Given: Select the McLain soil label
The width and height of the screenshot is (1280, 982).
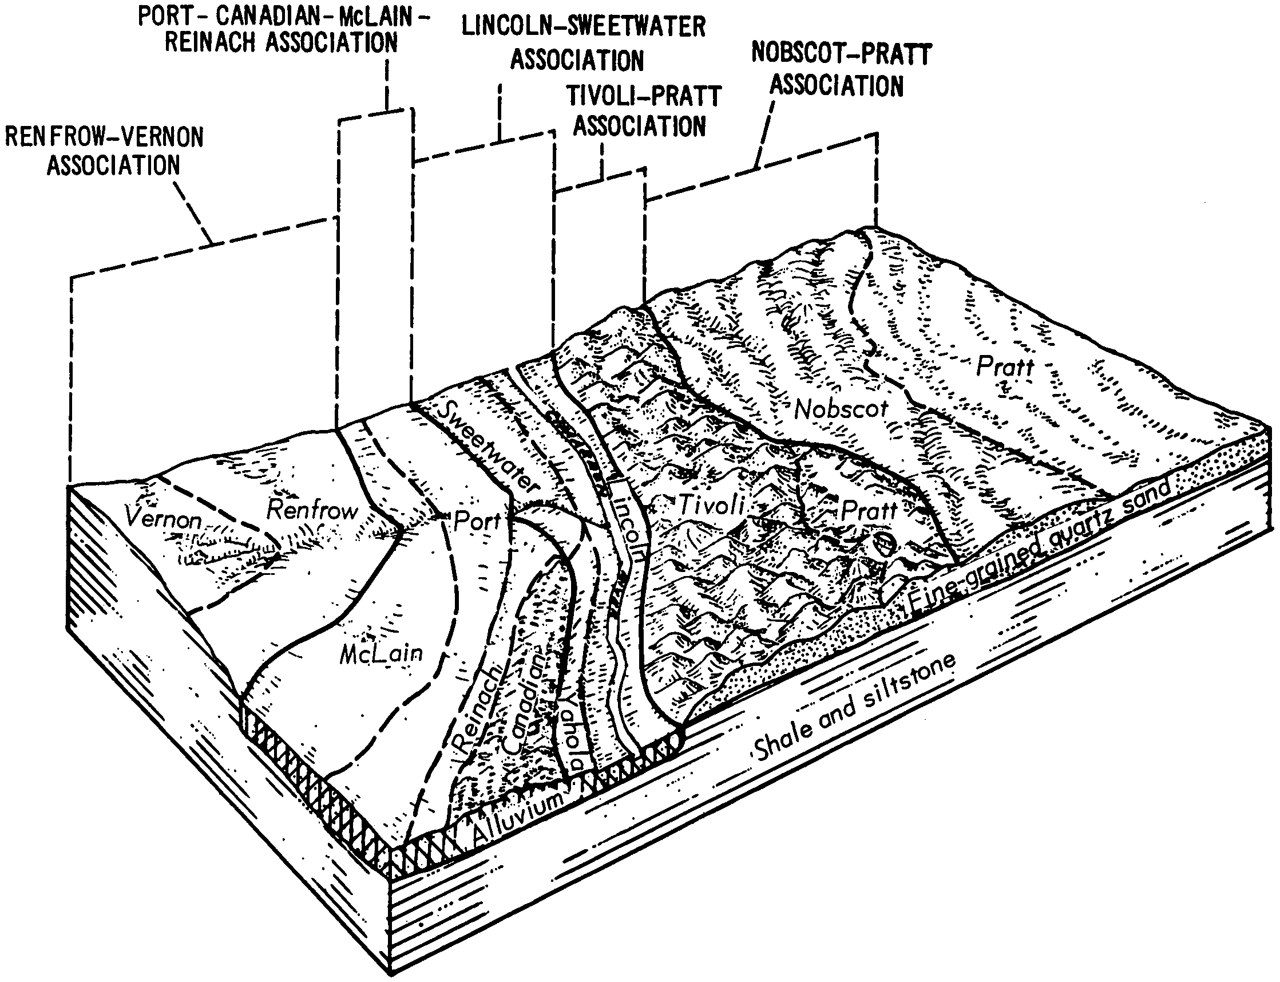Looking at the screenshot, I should (381, 653).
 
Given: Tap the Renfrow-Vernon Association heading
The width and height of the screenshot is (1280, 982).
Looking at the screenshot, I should (105, 151).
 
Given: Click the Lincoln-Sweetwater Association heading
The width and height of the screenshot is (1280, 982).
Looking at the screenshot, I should (583, 44).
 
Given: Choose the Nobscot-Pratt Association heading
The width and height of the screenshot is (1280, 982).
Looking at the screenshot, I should (840, 70).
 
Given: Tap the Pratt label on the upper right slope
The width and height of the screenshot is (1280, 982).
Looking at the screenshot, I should (1005, 367).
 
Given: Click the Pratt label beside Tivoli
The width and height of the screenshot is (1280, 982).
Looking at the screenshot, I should (868, 511).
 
